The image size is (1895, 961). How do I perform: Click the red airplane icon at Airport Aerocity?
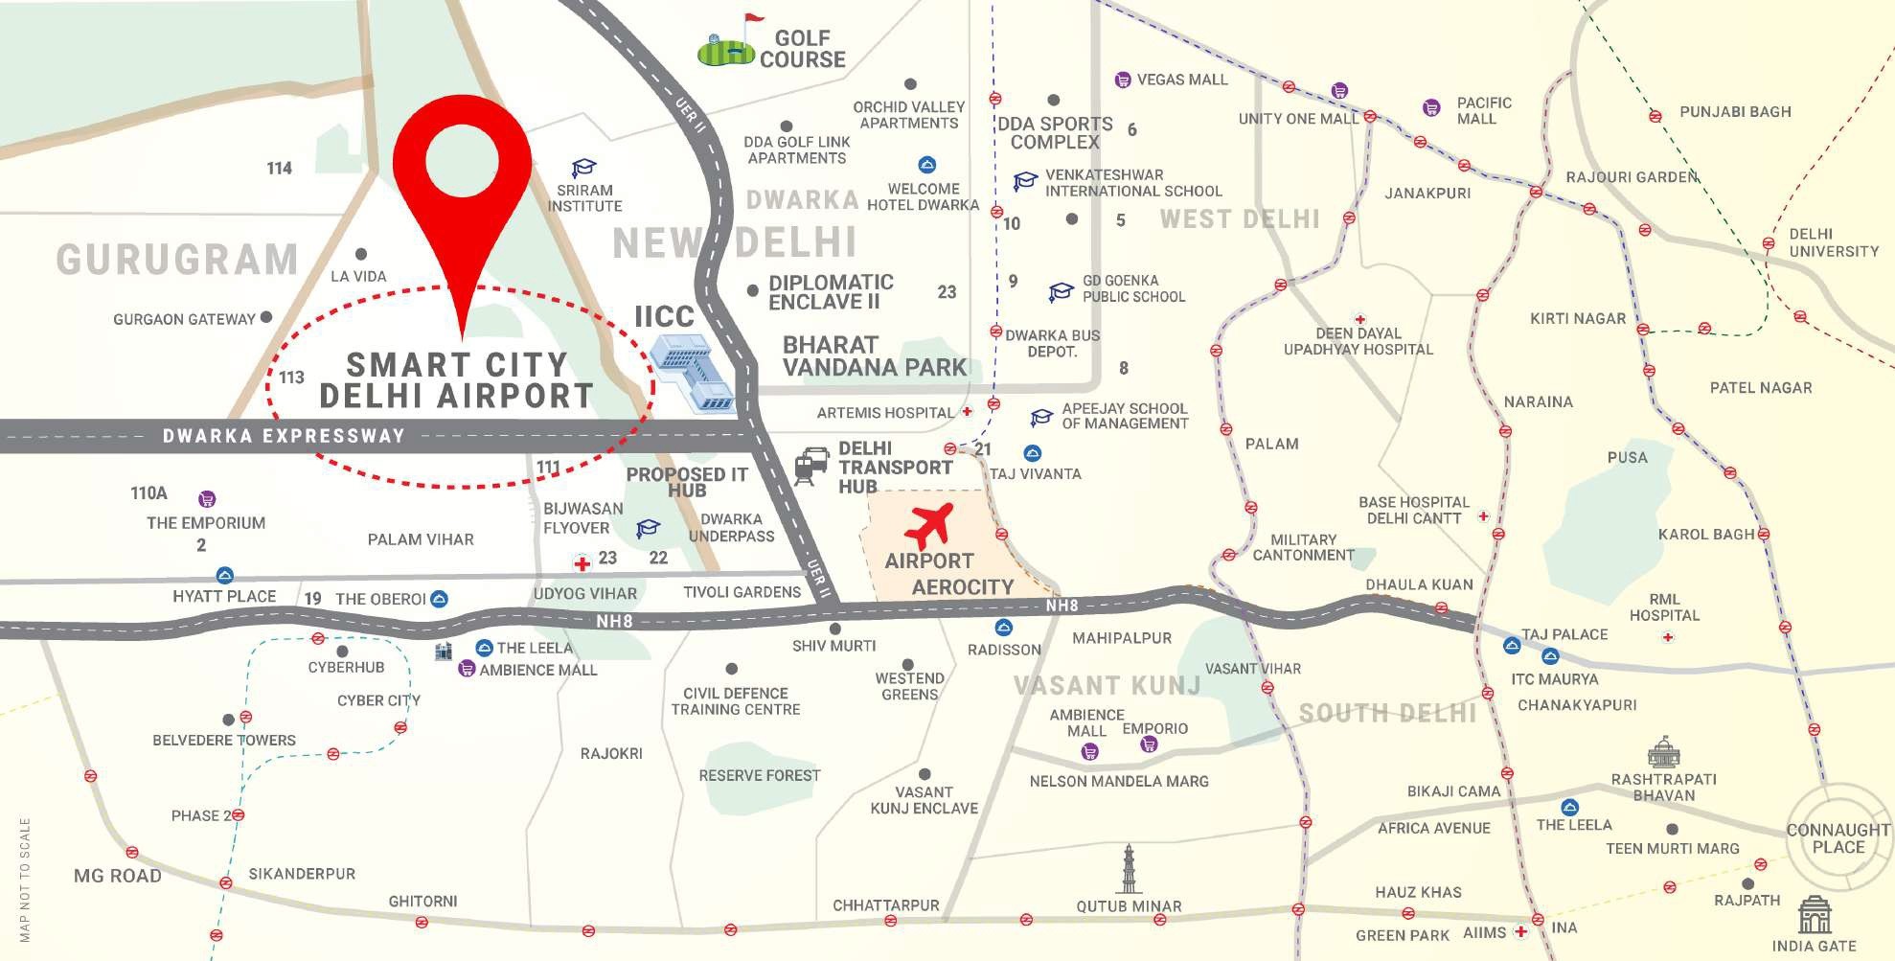coord(928,524)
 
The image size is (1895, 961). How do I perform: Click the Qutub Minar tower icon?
coord(1130,869)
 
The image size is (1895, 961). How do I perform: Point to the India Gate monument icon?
coord(1814,915)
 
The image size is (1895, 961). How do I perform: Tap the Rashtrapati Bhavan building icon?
coord(1662,752)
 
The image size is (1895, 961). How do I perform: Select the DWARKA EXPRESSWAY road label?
coord(284,437)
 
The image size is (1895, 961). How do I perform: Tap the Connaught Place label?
coord(1838,838)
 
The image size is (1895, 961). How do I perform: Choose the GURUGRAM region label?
coord(177,260)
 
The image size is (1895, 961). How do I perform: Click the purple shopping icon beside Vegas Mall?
coord(1122,80)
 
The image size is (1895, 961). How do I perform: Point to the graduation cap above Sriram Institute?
coord(583,170)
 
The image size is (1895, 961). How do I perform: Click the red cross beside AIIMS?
coord(1520,930)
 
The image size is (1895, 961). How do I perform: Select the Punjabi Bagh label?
coord(1735,112)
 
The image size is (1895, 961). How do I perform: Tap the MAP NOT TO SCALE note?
coord(25,879)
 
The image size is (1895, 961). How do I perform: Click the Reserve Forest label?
coord(759,775)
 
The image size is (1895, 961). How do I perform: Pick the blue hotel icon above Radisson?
coord(1003,628)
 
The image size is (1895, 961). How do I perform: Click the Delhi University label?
coord(1834,242)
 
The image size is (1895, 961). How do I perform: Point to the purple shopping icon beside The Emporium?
coord(207,499)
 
